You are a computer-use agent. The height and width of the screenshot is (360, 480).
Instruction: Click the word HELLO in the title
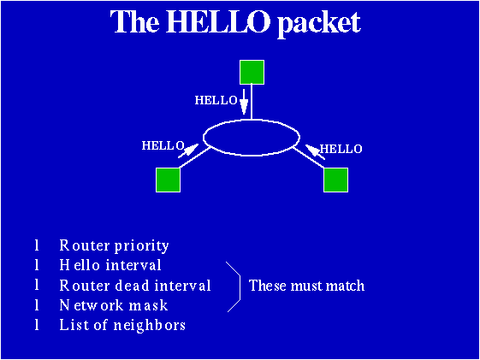tap(217, 23)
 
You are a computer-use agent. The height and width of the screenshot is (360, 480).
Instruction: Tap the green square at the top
tap(251, 73)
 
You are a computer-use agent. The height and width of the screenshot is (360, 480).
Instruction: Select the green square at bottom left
tap(169, 180)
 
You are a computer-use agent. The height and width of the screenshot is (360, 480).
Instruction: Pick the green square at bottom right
tap(335, 180)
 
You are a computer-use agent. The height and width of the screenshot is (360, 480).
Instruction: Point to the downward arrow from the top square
tap(244, 102)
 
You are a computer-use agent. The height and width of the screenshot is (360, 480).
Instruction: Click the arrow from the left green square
tap(190, 153)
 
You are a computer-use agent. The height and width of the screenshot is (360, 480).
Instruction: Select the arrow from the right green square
tap(312, 153)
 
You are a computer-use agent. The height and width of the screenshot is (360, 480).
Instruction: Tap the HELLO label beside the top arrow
tap(216, 101)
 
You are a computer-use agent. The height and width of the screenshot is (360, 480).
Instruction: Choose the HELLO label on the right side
tap(341, 149)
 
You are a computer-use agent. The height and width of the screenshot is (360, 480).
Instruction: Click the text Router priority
tap(114, 245)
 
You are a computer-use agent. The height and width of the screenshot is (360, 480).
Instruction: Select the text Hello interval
tap(110, 265)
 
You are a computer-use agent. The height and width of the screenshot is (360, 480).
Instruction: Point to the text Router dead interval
tap(135, 286)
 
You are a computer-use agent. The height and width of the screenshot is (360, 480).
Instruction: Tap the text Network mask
tap(114, 305)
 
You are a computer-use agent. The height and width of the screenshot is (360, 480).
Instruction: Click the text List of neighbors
tap(122, 325)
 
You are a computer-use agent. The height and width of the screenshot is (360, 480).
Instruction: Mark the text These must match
tap(306, 286)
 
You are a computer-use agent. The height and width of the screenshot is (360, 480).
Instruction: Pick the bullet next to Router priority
tap(38, 245)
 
